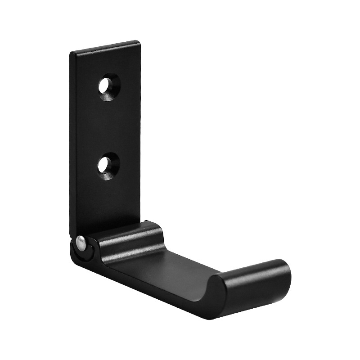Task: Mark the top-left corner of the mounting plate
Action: (71, 54)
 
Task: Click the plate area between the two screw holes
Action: (108, 126)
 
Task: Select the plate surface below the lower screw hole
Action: (108, 202)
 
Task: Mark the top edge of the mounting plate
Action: (106, 47)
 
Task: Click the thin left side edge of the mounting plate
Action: (72, 144)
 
